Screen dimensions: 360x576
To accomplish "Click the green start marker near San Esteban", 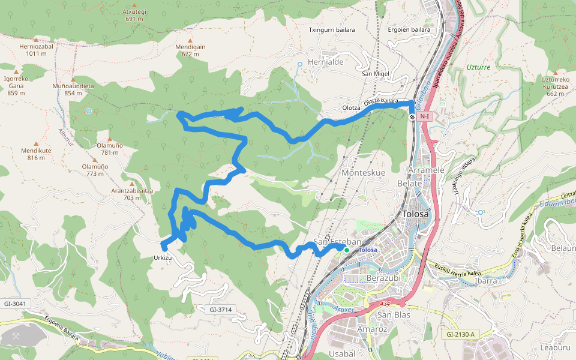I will (346, 249).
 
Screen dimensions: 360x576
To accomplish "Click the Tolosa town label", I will (415, 214).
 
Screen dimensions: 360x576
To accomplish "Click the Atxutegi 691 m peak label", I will (134, 15).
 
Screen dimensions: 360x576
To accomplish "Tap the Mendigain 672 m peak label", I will (190, 50).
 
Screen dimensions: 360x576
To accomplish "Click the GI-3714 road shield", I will (220, 310).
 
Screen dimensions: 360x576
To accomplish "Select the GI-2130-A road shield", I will (460, 334).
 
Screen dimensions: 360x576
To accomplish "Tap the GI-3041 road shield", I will (15, 304).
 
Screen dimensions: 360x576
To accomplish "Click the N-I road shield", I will (425, 116).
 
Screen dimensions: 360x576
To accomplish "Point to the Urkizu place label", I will (163, 257).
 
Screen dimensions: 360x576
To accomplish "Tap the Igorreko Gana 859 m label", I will (16, 86).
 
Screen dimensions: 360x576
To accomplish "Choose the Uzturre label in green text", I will (478, 67).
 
